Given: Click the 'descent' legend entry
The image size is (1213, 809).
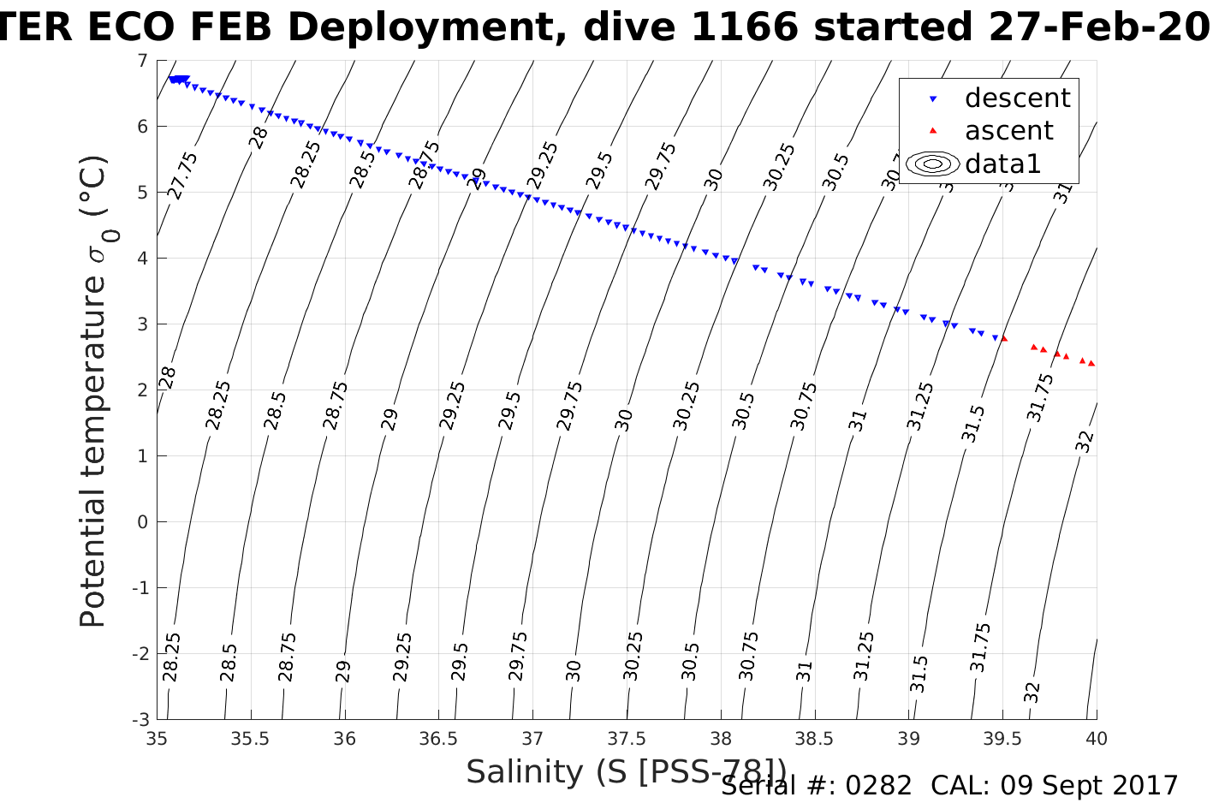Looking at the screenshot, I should click(1017, 98).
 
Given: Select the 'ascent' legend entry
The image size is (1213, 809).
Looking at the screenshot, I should click(1008, 131).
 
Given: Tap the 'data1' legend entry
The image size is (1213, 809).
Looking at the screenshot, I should click(1002, 164).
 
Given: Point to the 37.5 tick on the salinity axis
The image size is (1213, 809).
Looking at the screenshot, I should click(627, 738).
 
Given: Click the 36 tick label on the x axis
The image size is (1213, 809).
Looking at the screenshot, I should click(344, 738).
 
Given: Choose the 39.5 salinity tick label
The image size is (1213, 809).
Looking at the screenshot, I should click(1002, 738).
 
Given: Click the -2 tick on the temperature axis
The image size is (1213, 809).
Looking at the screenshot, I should click(140, 653).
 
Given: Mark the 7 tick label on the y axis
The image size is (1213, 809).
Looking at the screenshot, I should click(142, 61).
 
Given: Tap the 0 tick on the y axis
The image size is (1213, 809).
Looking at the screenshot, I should click(143, 521).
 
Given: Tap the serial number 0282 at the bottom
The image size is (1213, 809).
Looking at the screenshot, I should click(878, 786).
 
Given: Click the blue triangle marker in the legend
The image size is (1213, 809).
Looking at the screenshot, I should click(934, 99).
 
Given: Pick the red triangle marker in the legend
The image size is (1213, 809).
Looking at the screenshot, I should click(934, 131).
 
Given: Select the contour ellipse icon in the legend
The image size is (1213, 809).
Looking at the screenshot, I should click(933, 164).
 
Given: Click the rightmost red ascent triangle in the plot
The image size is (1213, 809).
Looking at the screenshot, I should click(1092, 364).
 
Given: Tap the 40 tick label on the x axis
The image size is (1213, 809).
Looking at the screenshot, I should click(1097, 738).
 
